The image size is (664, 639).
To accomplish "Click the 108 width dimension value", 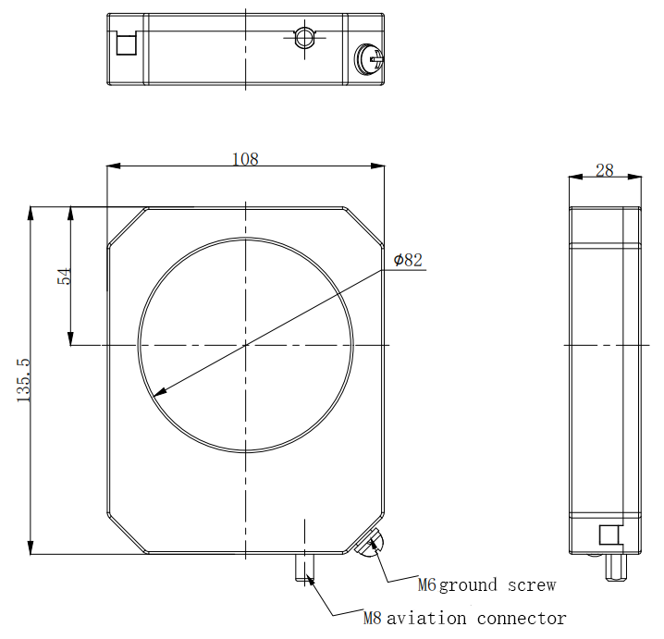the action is coord(245,159).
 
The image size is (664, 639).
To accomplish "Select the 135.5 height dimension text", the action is coord(24,380).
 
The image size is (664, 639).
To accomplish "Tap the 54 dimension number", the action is coord(65,276).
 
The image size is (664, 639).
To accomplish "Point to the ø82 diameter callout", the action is coord(408,260).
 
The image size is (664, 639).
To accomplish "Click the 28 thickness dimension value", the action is coord(604,170).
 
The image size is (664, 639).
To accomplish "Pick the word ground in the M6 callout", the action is coord(468,585).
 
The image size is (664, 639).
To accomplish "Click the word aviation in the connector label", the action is coord(426,619).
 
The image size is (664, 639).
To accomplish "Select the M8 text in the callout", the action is coord(373,619).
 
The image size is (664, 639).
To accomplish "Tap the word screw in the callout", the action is coord(532,585).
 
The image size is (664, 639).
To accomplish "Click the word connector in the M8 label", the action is coord(522,619).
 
